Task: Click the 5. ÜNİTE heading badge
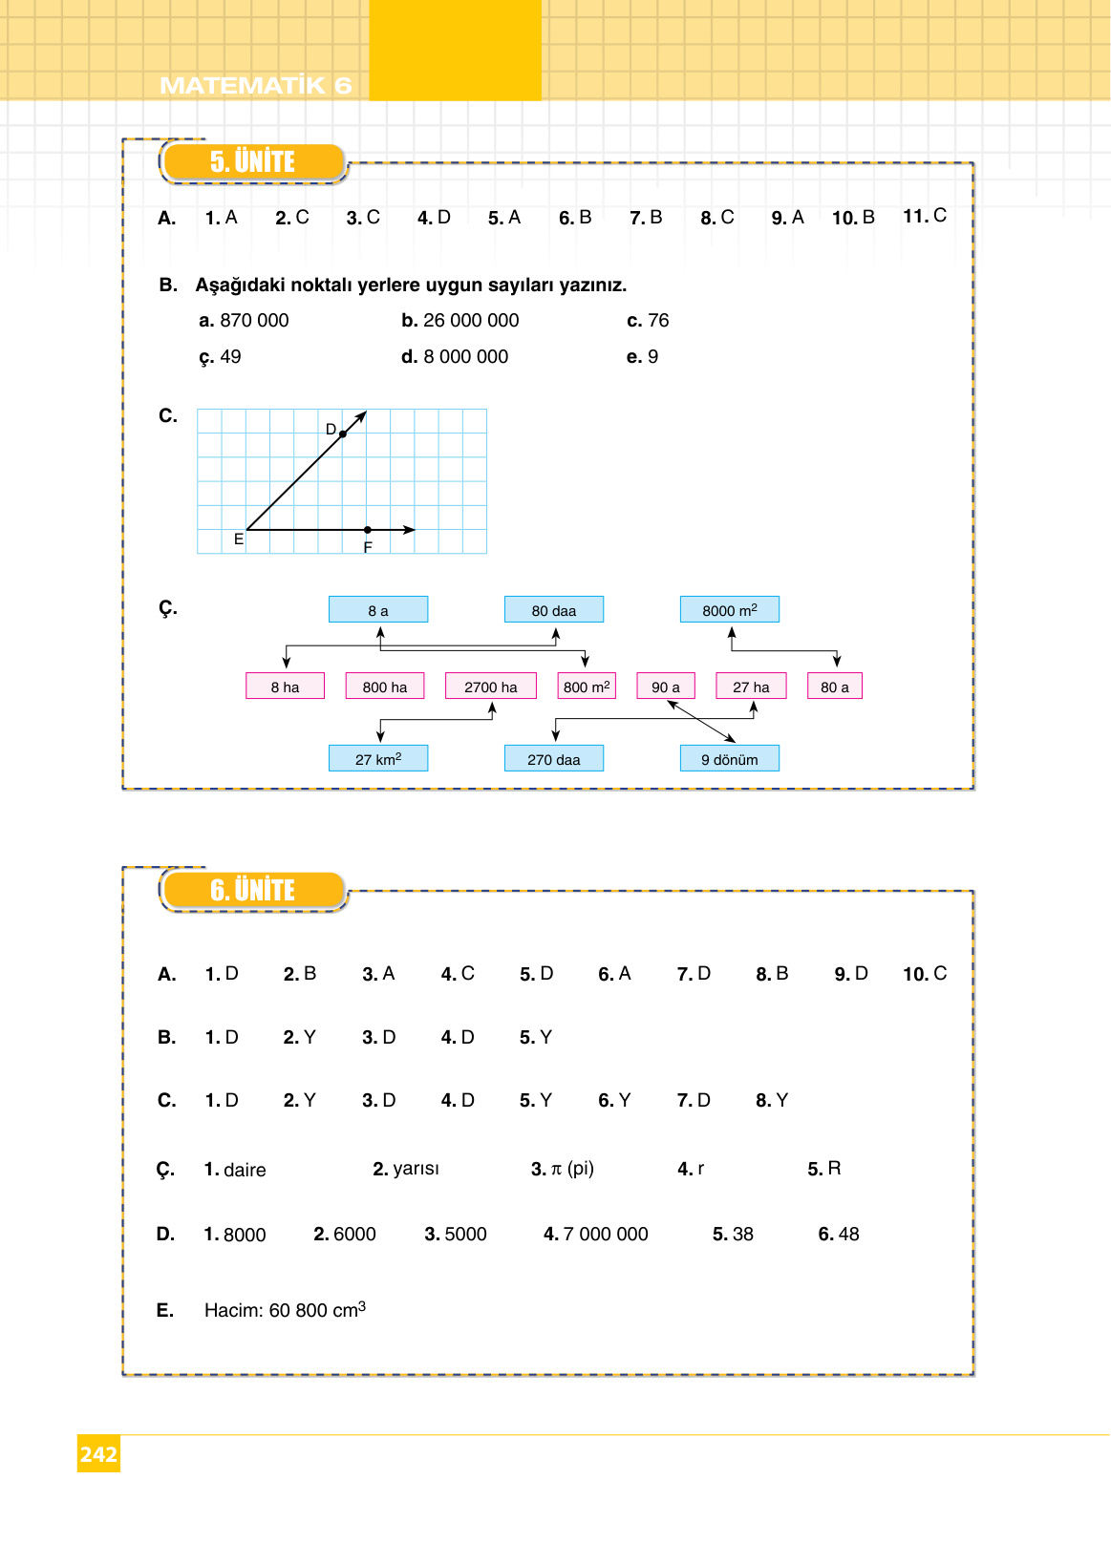(x=252, y=162)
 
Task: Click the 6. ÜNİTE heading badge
(x=252, y=890)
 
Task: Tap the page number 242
(x=98, y=1454)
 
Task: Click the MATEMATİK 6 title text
(x=255, y=86)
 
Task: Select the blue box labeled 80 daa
(x=554, y=610)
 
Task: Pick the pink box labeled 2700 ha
(x=491, y=687)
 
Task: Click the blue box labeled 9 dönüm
(x=730, y=759)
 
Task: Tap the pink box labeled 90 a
(x=666, y=687)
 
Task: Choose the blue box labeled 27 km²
(x=378, y=759)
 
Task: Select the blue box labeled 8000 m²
(x=730, y=610)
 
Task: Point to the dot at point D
(x=343, y=434)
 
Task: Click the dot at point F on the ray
(x=368, y=530)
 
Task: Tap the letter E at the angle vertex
(x=239, y=539)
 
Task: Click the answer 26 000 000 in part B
(x=471, y=321)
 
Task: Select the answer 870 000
(x=254, y=321)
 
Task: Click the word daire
(x=245, y=1171)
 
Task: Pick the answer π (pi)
(x=572, y=1169)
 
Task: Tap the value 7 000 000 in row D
(x=606, y=1235)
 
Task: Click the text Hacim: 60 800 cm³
(x=285, y=1310)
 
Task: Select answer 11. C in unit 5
(x=925, y=216)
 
